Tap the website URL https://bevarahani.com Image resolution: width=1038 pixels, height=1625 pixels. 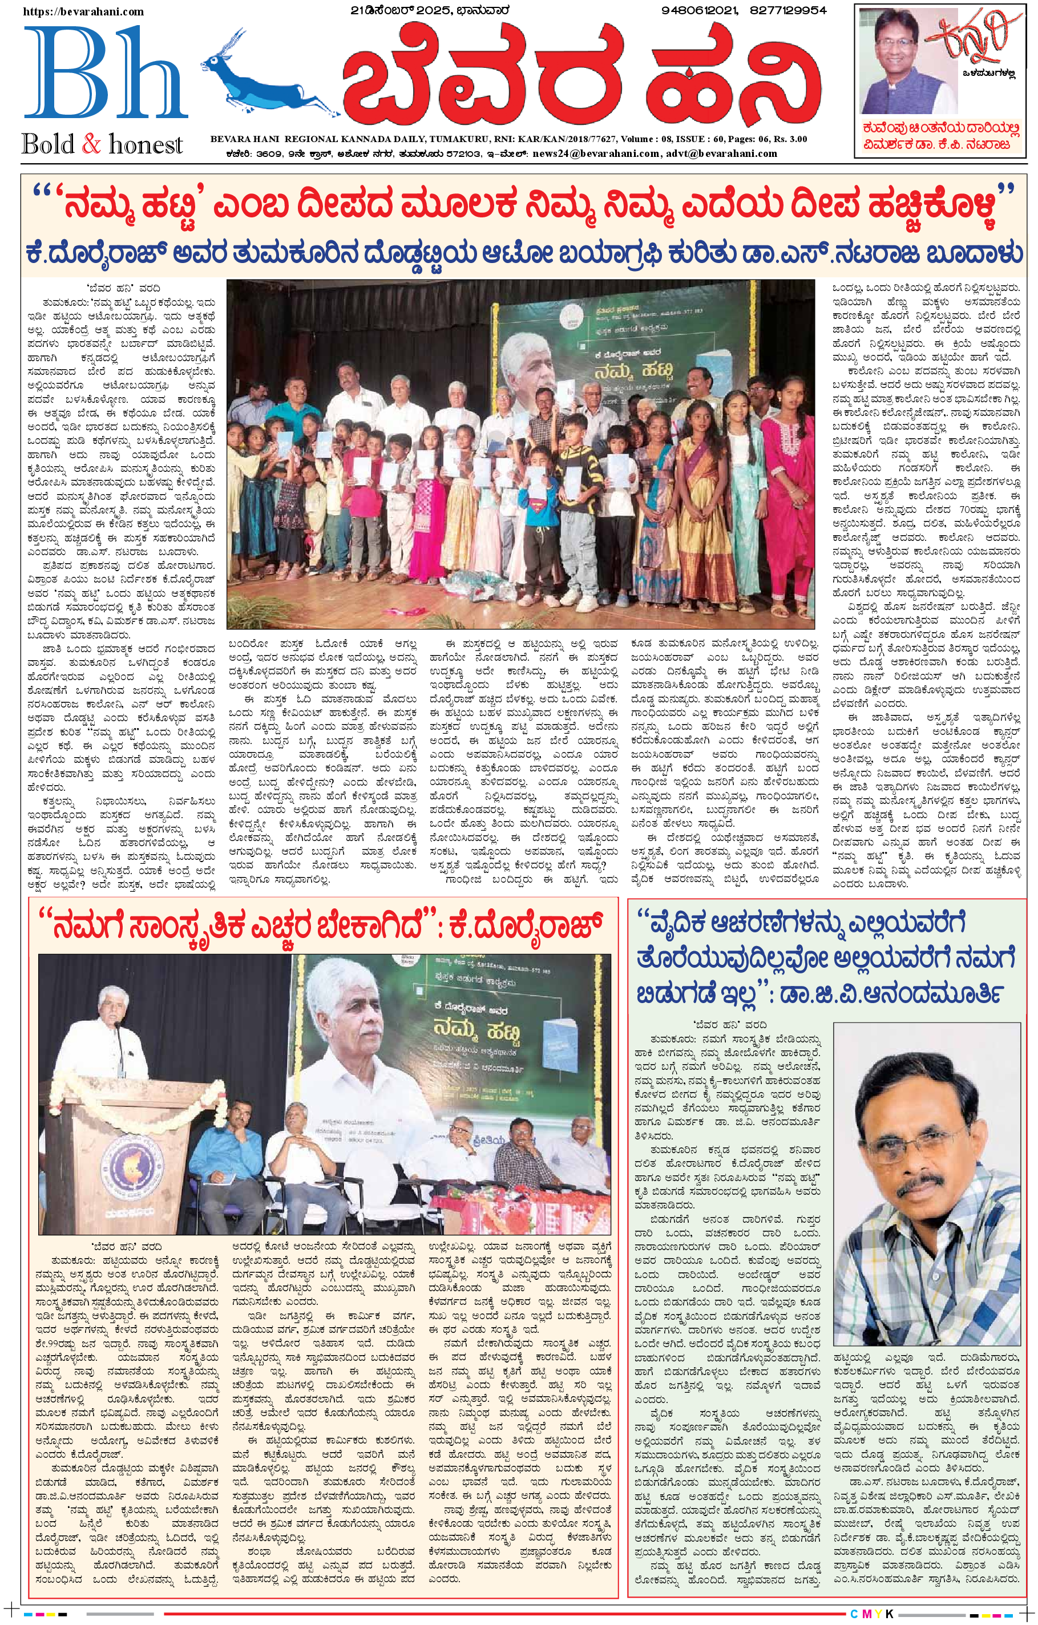tap(84, 11)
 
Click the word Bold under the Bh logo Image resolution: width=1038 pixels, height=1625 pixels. tap(49, 144)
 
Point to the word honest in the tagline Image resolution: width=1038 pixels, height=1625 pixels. tap(145, 144)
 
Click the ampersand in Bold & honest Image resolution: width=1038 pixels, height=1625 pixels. tap(91, 144)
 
